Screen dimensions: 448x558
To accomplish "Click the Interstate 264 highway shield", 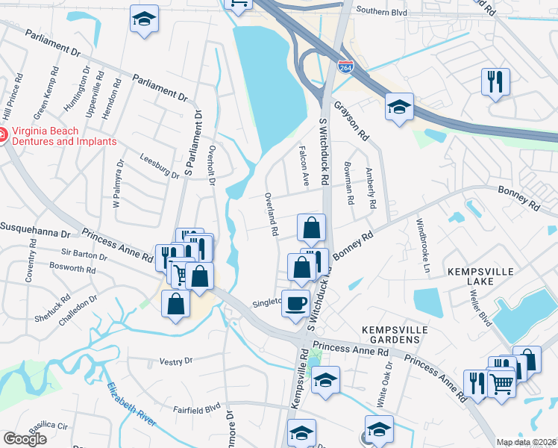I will (x=345, y=67).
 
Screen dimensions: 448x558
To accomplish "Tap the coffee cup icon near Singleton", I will (x=295, y=304).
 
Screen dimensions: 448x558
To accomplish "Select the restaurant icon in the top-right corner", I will (x=495, y=81).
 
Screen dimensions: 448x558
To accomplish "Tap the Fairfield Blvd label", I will (x=197, y=408).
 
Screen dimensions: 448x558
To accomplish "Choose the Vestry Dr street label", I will (x=176, y=361).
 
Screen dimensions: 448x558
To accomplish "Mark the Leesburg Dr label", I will (x=160, y=166).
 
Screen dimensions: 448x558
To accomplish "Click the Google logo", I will (x=25, y=439).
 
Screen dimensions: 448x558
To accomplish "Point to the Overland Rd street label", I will (x=271, y=215).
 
